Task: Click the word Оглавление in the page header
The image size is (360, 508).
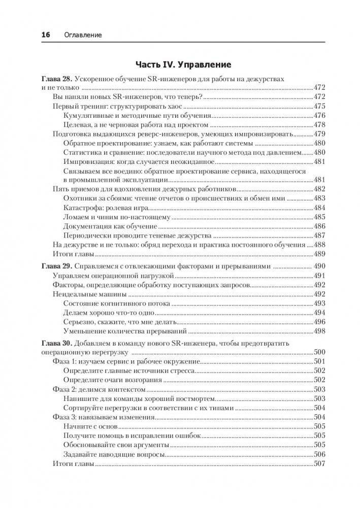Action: click(83, 35)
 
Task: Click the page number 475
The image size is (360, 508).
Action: click(320, 107)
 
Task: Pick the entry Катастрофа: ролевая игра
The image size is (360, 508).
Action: click(105, 209)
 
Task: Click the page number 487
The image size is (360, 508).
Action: click(320, 236)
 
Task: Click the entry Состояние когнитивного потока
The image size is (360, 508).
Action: click(117, 303)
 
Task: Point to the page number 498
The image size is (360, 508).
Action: click(320, 331)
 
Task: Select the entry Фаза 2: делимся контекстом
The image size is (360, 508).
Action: click(100, 389)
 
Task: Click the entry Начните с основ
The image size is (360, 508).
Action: click(91, 426)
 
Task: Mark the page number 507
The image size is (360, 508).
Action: click(320, 464)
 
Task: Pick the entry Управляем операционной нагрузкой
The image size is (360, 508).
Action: click(114, 276)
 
